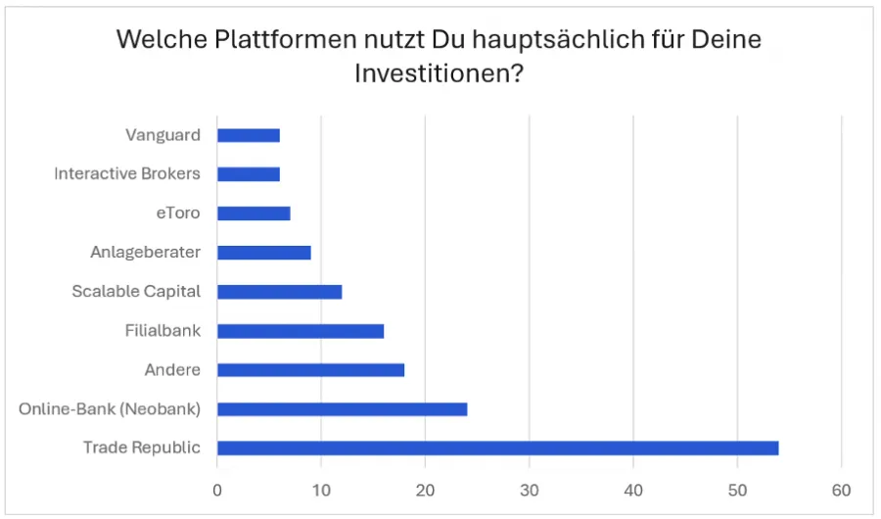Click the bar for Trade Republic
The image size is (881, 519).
(497, 448)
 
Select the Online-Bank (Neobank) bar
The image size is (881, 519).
(342, 408)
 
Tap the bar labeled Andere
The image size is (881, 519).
(310, 369)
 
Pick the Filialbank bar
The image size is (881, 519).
(301, 330)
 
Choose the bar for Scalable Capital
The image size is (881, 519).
(279, 291)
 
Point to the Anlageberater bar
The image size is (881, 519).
(263, 252)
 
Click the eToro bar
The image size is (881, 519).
(254, 212)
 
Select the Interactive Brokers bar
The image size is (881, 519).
(249, 173)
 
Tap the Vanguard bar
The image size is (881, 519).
(249, 134)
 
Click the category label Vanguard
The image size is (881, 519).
(162, 134)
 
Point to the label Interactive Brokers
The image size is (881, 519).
(127, 173)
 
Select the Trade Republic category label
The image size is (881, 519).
(142, 448)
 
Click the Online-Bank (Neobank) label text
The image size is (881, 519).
(110, 408)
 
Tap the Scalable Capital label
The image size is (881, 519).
(136, 291)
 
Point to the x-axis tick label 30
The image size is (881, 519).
(530, 489)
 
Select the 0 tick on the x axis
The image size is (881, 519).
(217, 489)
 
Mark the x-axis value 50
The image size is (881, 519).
(737, 489)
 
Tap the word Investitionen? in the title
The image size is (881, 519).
(438, 74)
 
